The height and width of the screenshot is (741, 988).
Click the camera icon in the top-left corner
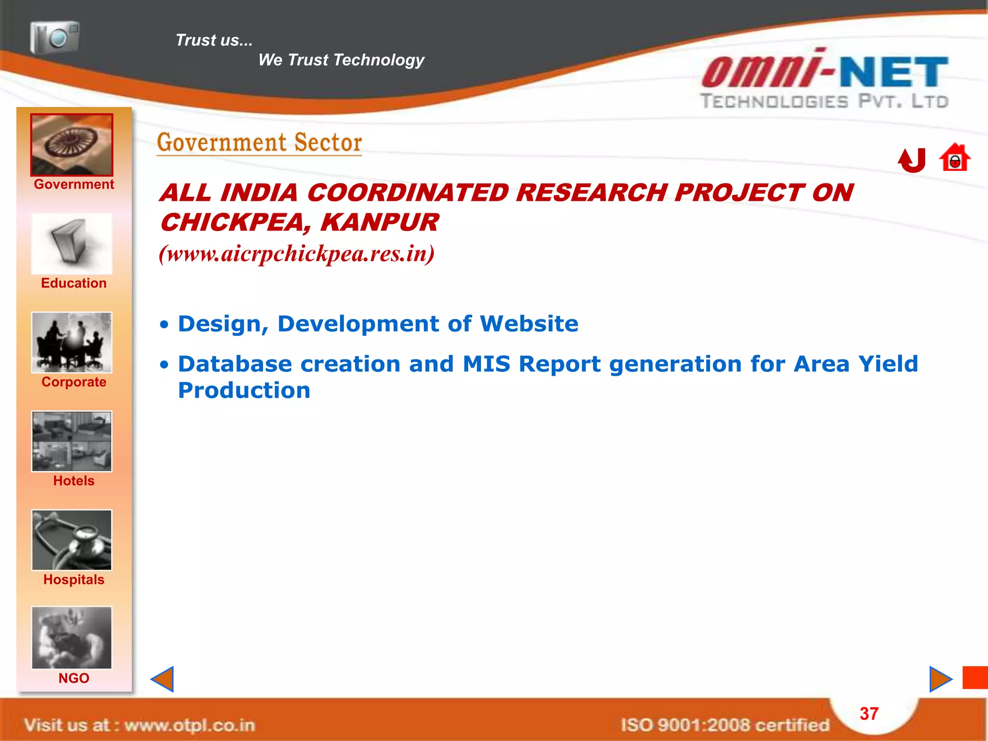[x=55, y=37]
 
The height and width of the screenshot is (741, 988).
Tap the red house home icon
[x=955, y=158]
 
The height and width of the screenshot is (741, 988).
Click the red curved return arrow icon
[x=912, y=160]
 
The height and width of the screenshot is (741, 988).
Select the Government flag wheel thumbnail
[x=72, y=145]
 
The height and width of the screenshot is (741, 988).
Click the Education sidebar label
[x=74, y=283]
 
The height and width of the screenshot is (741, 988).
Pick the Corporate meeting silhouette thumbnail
[x=72, y=343]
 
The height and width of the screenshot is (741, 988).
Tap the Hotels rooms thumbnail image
[x=72, y=441]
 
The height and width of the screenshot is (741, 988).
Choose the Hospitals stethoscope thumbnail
[x=72, y=540]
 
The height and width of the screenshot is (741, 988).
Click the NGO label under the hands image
[x=74, y=678]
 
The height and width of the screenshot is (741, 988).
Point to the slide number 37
[x=869, y=714]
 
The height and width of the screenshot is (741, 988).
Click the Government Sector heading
[x=260, y=143]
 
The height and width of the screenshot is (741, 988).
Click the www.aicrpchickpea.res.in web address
[x=297, y=254]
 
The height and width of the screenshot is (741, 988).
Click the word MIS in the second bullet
[x=486, y=364]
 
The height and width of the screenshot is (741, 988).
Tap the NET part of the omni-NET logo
[x=894, y=72]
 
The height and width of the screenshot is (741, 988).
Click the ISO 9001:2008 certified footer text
[x=725, y=725]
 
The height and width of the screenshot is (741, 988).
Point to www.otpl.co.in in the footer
[x=189, y=725]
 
